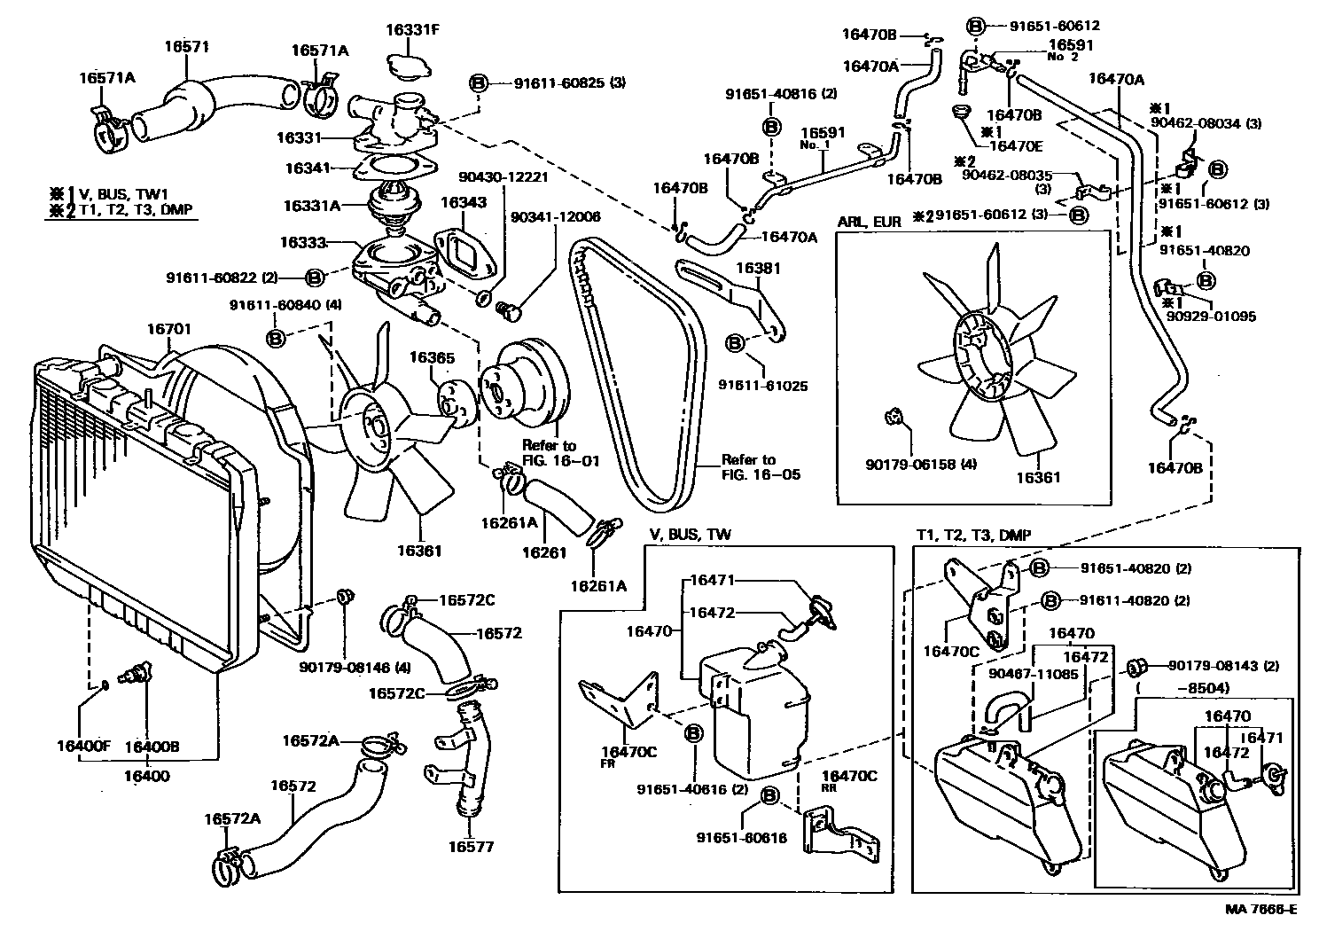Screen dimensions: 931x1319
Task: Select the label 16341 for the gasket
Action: (308, 168)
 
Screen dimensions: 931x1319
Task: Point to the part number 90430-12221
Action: (504, 176)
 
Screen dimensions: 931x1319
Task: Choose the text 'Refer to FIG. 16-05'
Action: (761, 466)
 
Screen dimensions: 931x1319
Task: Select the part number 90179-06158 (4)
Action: (922, 464)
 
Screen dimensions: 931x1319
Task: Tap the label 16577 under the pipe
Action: (471, 846)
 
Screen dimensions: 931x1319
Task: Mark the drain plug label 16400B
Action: (152, 747)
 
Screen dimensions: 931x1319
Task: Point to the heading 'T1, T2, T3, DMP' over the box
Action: (973, 536)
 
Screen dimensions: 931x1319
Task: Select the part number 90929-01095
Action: (1211, 316)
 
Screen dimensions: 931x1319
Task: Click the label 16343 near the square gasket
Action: (464, 203)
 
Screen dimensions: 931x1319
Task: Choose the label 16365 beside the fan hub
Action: (432, 358)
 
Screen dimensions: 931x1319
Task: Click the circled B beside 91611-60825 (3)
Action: (477, 83)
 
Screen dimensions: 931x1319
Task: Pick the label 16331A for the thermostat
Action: (312, 206)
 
